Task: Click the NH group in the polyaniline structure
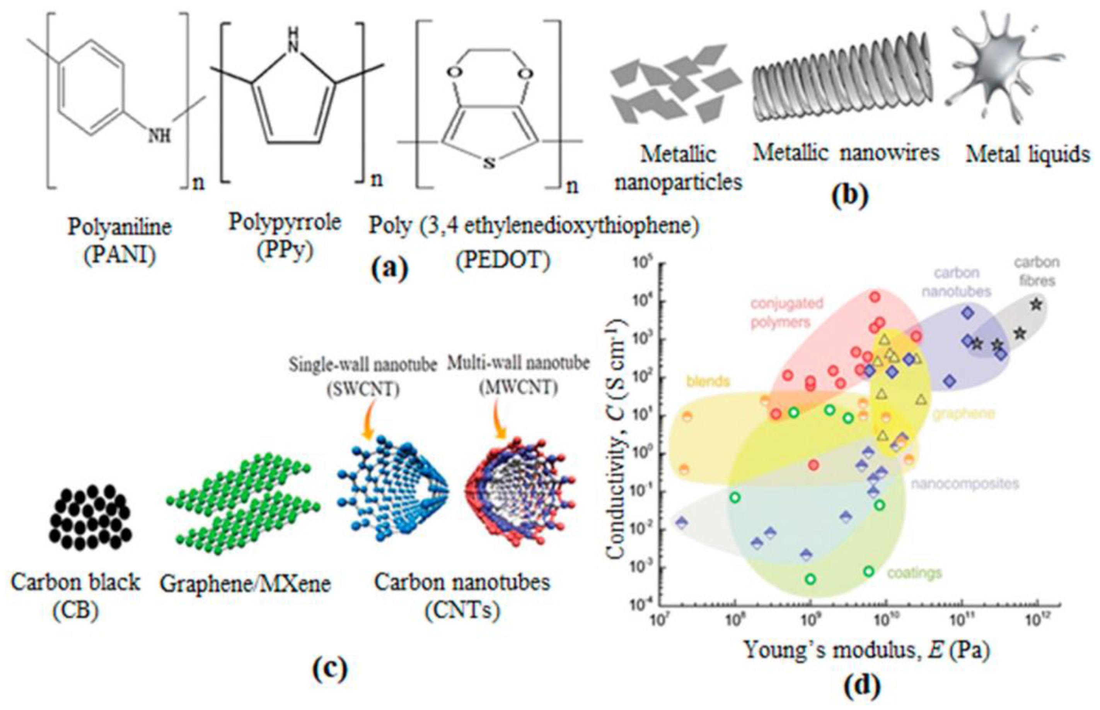click(159, 136)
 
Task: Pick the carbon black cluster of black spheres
click(90, 516)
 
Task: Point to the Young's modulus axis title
click(866, 650)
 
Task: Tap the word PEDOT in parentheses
click(503, 261)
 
